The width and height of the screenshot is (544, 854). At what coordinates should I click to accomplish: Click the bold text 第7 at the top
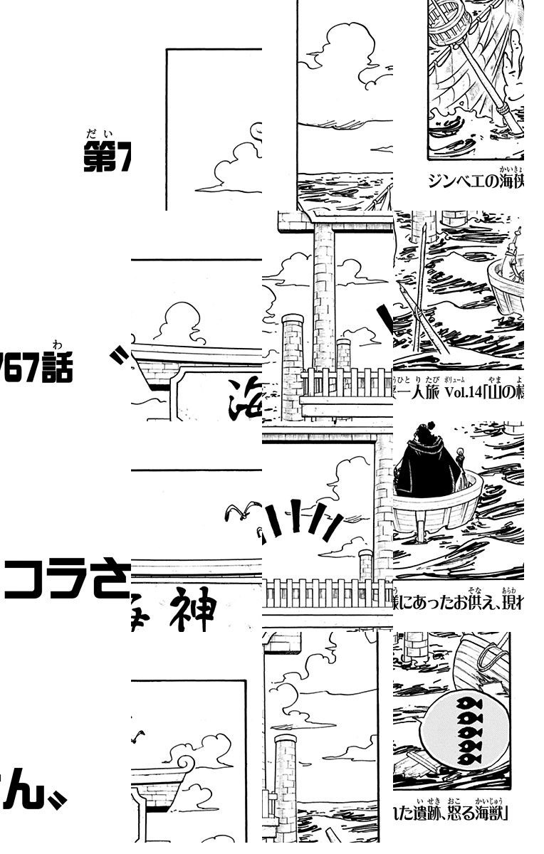pyautogui.click(x=107, y=159)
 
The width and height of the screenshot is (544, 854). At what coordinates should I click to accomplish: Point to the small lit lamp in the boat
pyautogui.click(x=464, y=455)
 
